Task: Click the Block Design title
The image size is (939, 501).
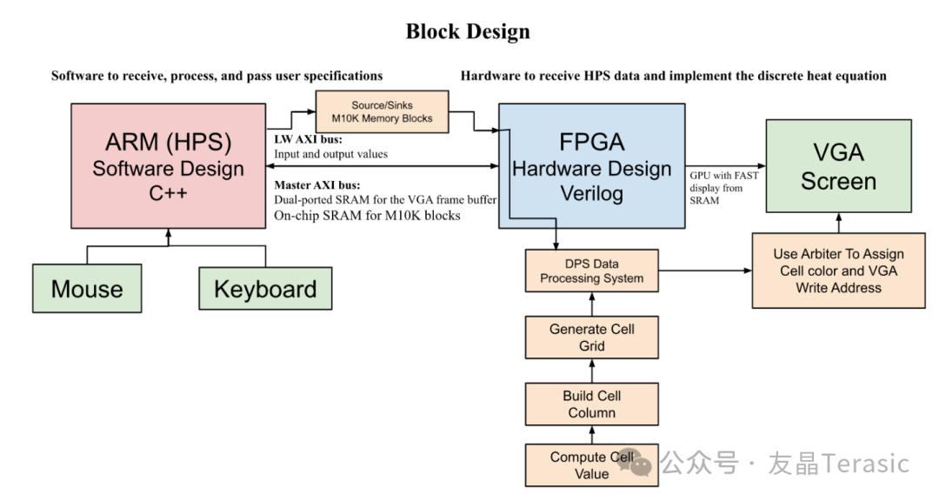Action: tap(468, 32)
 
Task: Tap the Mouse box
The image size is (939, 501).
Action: tap(87, 289)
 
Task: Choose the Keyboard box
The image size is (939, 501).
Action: tap(265, 289)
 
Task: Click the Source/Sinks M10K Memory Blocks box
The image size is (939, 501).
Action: tap(382, 111)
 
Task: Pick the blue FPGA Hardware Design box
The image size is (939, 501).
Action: tap(591, 166)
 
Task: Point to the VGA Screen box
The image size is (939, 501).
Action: tap(838, 166)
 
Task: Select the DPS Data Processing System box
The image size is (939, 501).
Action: tap(591, 271)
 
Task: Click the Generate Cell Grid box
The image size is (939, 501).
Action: tap(591, 337)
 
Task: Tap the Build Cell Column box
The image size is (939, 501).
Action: tap(591, 404)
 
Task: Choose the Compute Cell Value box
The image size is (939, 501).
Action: tap(591, 465)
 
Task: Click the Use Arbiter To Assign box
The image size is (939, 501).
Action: tap(838, 271)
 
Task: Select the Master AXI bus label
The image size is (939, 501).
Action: tap(318, 184)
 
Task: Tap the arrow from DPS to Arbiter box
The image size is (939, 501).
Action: tap(705, 271)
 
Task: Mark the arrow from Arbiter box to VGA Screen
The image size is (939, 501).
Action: tap(838, 224)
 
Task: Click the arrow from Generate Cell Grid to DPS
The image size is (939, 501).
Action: tap(592, 304)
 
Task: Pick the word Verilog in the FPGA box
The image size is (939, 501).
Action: tap(591, 193)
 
